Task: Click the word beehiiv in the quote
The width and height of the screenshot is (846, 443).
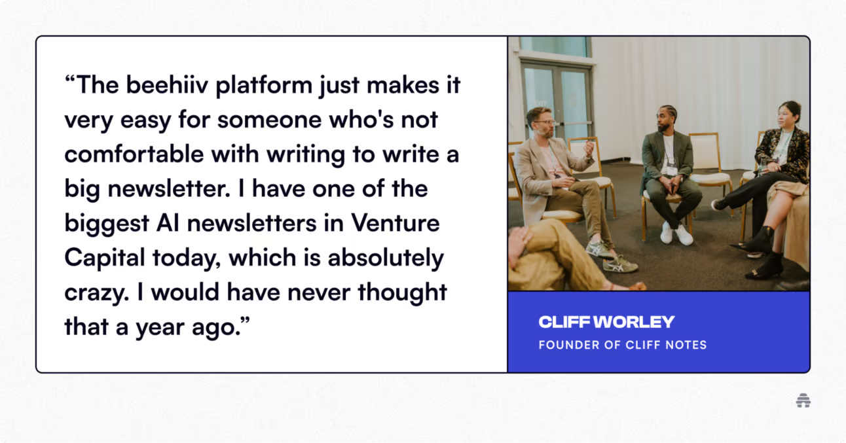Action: pos(167,85)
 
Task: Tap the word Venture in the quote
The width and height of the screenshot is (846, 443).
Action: pos(395,222)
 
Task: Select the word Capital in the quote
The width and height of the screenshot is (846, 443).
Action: pos(105,258)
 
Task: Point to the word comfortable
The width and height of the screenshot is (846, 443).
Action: pos(134,154)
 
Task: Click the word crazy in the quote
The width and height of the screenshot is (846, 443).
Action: pos(97,293)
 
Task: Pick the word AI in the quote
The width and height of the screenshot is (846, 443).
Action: pos(168,222)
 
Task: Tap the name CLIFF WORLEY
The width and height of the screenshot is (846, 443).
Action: pos(606,322)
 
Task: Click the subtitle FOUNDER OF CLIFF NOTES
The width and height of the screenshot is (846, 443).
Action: pos(623,345)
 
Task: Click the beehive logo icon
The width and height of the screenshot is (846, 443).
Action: pos(803,400)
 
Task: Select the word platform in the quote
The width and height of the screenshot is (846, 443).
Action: pos(264,86)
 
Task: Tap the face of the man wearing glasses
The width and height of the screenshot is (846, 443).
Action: pos(544,124)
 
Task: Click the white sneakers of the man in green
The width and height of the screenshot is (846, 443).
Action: pos(676,233)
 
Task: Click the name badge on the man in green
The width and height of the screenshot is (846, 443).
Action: pos(671,168)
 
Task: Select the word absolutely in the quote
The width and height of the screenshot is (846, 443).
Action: pos(386,258)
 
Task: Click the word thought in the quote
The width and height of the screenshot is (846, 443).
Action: pos(402,293)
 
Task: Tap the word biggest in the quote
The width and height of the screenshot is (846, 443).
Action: pos(107,224)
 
